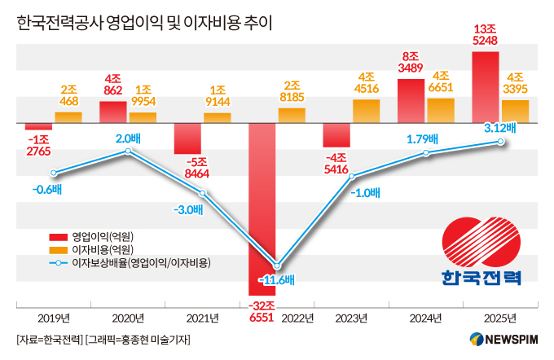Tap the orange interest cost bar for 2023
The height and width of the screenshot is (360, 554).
click(366, 111)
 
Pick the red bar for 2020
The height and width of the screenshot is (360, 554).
click(112, 112)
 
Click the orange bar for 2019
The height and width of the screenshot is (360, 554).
click(68, 117)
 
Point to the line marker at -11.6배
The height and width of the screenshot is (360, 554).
click(277, 266)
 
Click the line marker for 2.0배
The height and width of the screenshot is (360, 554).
click(127, 151)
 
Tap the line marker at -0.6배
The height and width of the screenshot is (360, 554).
click(53, 173)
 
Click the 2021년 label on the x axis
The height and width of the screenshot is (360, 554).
click(202, 318)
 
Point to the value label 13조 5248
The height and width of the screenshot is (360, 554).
click(486, 33)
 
